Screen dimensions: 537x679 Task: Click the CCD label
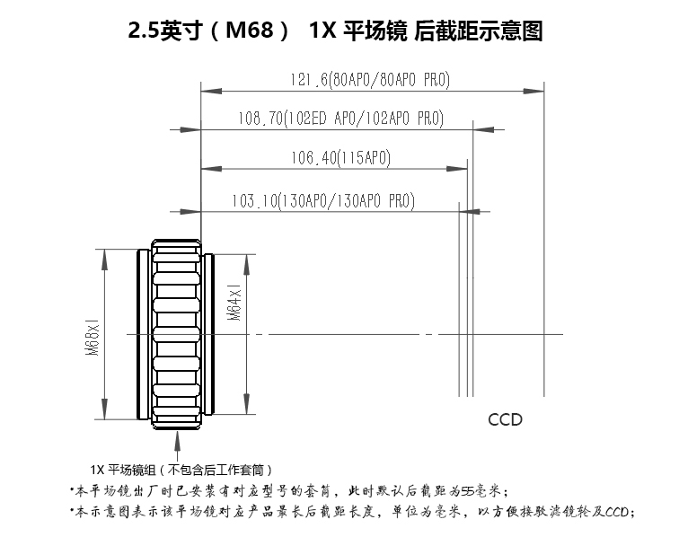click(505, 419)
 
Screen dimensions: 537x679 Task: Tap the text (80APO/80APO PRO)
click(389, 79)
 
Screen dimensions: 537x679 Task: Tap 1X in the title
click(321, 31)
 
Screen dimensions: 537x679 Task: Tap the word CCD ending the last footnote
click(621, 513)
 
